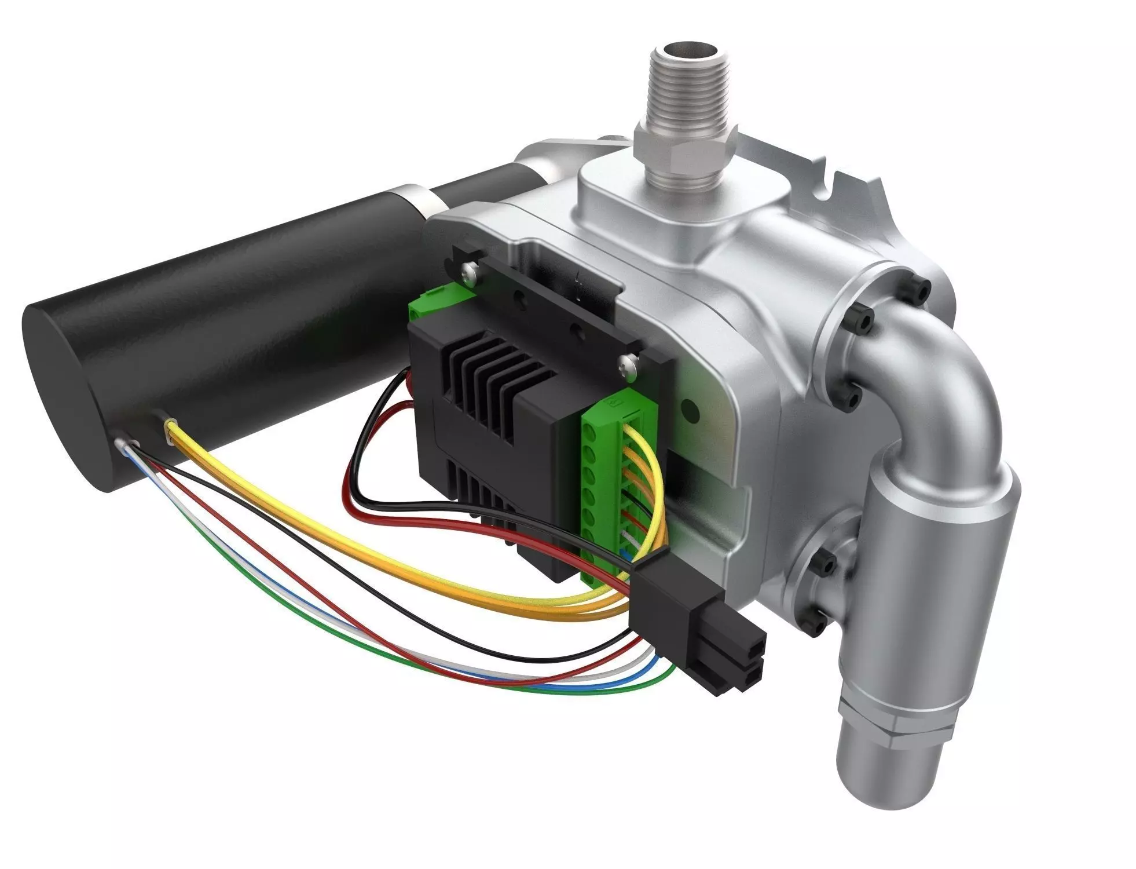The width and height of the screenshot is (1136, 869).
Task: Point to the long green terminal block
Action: (602, 492)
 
